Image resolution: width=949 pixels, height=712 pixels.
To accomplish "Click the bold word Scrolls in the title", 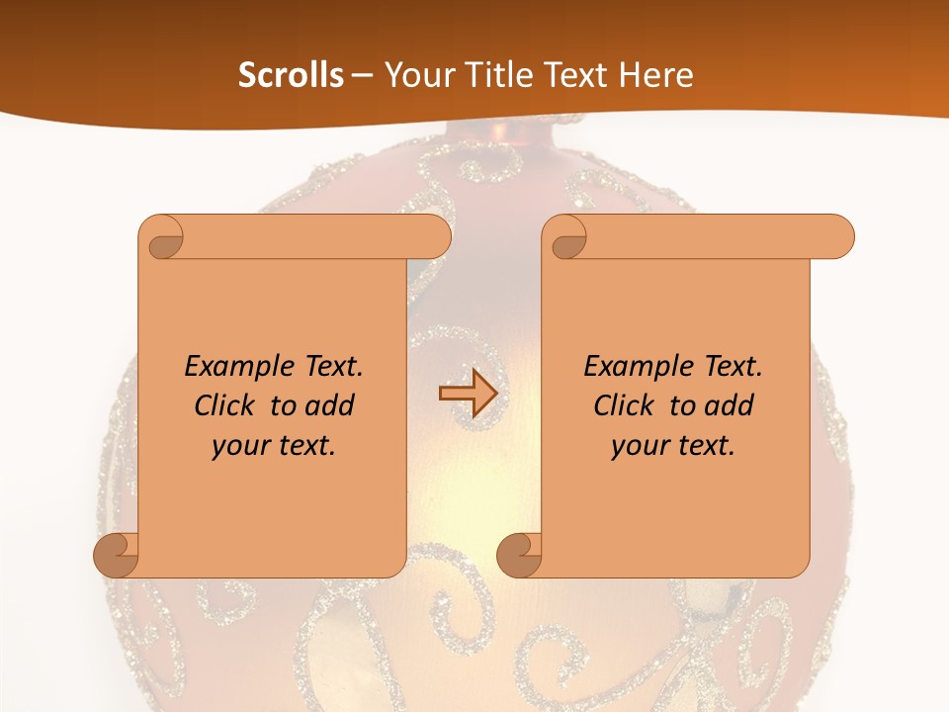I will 291,75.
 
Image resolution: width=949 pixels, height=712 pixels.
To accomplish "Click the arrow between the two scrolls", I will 468,393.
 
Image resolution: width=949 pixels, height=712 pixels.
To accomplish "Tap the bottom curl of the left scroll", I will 116,555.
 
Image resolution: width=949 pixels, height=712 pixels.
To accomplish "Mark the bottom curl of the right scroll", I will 519,555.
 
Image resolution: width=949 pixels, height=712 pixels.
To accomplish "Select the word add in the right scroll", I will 731,405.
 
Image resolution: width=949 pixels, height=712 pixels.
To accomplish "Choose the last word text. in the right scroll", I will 701,446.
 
